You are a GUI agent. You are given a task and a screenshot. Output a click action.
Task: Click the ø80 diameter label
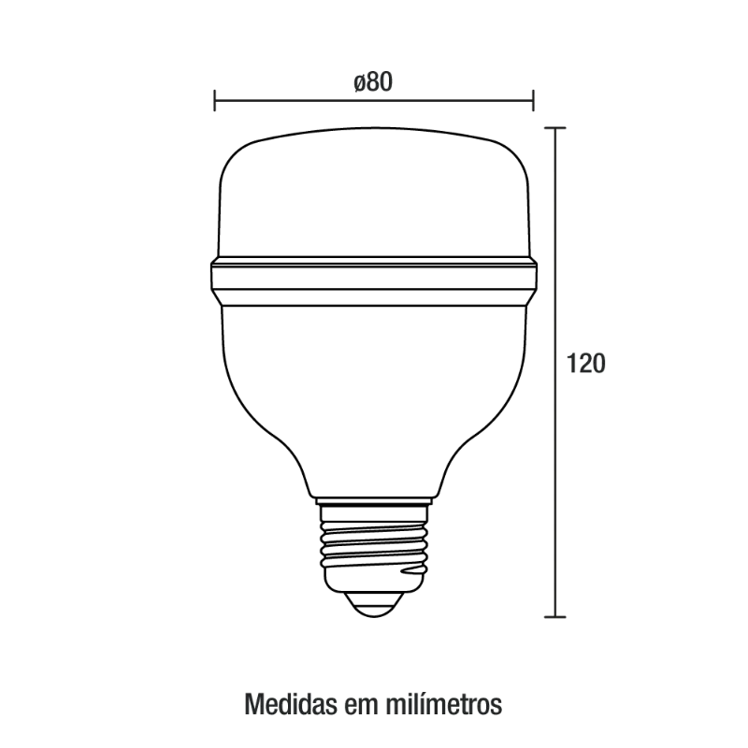click(x=373, y=82)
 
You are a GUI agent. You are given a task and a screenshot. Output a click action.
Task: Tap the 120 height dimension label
click(x=586, y=364)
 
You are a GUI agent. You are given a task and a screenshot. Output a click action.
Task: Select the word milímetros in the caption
click(x=443, y=704)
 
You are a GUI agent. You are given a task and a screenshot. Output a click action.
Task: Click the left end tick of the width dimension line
click(x=215, y=100)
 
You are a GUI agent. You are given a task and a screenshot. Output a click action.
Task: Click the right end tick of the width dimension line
click(x=533, y=100)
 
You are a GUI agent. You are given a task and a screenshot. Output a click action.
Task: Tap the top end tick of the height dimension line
click(x=555, y=128)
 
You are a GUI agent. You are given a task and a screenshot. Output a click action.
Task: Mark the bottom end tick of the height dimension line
click(x=555, y=617)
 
